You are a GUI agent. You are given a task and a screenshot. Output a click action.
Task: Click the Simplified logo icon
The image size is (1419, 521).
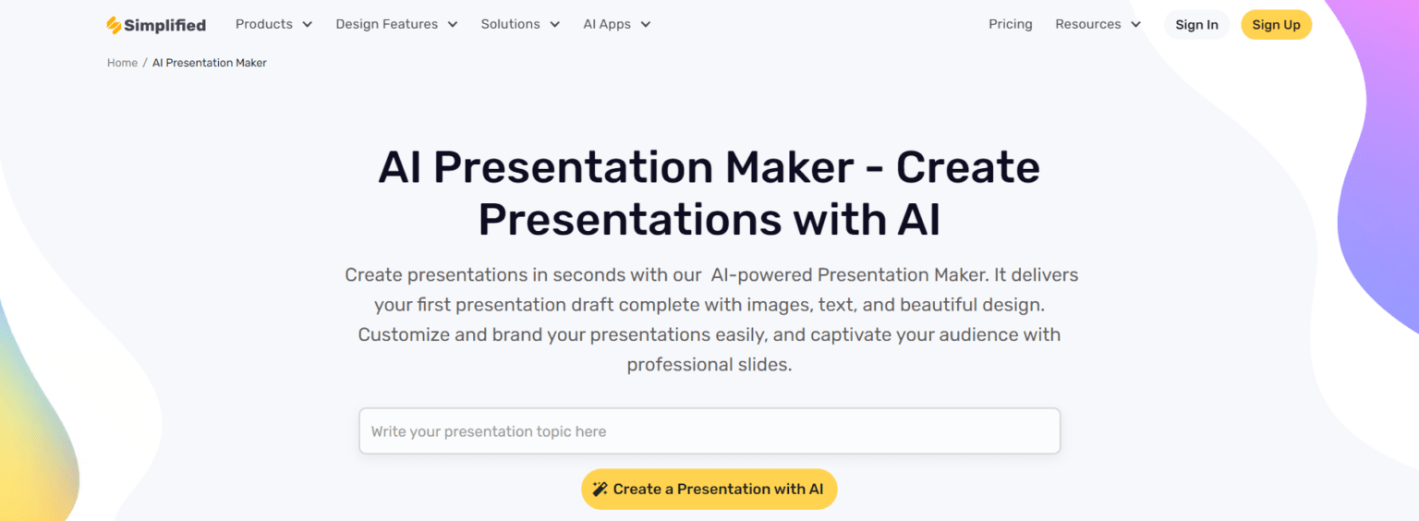pos(114,25)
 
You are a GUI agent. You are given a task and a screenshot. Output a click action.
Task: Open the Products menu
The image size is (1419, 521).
pos(273,24)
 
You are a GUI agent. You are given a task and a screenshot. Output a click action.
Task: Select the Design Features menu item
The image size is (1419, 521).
pos(396,24)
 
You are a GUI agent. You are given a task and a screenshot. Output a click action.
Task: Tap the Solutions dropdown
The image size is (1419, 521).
pos(520,24)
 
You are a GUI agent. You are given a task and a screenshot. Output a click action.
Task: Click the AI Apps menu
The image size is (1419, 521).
pos(616,24)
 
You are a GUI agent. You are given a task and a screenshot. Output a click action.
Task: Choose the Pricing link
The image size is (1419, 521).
pos(1011,24)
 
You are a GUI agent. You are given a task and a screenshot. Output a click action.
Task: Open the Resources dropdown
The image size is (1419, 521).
pos(1098,24)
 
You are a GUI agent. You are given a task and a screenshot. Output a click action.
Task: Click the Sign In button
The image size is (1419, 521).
pos(1196,25)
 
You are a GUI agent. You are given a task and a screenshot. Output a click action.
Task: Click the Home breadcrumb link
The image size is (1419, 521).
pos(122,63)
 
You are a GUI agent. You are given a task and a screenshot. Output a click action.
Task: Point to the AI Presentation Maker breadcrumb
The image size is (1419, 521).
pos(209,63)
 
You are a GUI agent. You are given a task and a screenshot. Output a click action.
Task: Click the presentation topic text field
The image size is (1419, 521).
pos(709,431)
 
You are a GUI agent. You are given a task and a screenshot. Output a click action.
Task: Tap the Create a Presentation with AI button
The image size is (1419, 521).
pos(709,490)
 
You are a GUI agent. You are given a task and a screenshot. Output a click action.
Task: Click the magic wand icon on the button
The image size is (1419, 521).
pos(600,489)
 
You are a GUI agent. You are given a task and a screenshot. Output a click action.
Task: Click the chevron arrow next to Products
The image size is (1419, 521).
pos(308,25)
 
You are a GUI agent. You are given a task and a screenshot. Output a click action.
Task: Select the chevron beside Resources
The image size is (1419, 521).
pos(1135,25)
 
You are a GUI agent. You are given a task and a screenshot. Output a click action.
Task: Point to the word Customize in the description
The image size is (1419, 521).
pos(404,334)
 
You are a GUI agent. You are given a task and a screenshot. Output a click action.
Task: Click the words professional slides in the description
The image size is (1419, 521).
pos(709,365)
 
